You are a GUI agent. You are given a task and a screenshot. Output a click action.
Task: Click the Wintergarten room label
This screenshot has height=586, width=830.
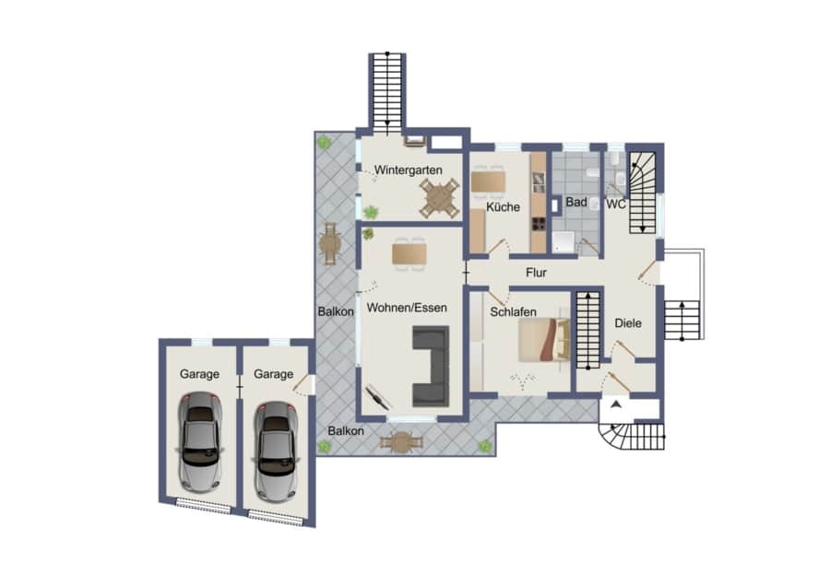[x=409, y=170]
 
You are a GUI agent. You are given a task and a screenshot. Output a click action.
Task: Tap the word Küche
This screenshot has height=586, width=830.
[x=503, y=206]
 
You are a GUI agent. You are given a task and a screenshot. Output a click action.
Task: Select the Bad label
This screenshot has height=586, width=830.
[x=575, y=202]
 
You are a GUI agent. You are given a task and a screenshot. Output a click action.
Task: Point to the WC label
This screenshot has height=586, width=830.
[x=616, y=205]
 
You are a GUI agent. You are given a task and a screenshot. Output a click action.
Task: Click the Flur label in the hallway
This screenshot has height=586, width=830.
[x=536, y=273]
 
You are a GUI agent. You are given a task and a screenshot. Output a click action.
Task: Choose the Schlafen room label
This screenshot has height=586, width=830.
[x=513, y=312]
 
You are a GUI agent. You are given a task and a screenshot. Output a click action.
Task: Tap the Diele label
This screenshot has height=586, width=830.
[x=628, y=322]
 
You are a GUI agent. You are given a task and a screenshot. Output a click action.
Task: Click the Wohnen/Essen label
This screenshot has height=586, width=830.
[x=407, y=307]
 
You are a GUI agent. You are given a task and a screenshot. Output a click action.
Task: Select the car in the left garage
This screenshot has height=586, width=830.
[x=199, y=441]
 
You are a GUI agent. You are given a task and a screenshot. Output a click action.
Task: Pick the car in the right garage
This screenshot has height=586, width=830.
[x=275, y=451]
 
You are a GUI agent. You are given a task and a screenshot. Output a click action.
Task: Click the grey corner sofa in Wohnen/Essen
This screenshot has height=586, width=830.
[x=431, y=366]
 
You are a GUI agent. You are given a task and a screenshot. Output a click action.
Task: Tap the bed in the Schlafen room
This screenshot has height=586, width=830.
[x=543, y=340]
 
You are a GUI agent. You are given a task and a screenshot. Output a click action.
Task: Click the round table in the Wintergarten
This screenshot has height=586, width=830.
[x=439, y=198]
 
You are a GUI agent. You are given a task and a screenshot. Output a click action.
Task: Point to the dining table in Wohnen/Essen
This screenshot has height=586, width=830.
[x=409, y=254]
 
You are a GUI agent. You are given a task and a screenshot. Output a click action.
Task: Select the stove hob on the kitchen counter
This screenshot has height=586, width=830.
[x=539, y=224]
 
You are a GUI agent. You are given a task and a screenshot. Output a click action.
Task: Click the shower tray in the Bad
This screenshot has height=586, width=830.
[x=563, y=242]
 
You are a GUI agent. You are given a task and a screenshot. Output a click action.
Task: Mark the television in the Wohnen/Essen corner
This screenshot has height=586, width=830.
[x=378, y=397]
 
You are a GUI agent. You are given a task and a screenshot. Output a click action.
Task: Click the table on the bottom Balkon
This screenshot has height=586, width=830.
[x=402, y=442]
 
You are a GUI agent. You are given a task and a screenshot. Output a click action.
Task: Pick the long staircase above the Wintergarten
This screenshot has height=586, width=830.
[x=387, y=91]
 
